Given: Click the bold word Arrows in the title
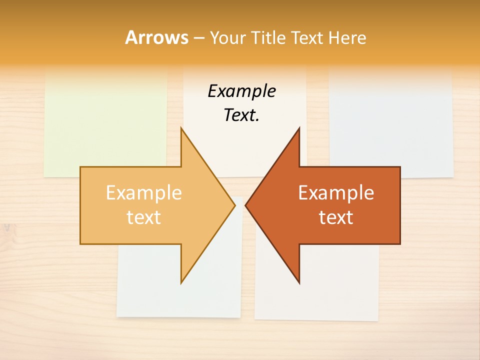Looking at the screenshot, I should pos(156,37).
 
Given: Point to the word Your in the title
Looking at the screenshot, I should pos(227,37).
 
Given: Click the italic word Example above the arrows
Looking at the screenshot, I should pos(241,91).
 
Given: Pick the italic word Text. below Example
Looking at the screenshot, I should pos(241,115).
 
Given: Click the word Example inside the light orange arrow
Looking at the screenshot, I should pos(144,193).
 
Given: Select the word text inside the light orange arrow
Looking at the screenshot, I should pos(144,217).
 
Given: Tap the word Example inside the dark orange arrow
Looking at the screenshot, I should pos(336,193).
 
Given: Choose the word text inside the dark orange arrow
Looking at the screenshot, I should pos(336,217).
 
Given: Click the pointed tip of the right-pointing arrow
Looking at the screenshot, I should pos(234,205).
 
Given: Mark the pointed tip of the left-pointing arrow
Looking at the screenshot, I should pos(246,205).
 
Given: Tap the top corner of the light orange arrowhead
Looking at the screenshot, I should pos(181,129).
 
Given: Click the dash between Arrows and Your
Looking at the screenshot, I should pos(198,38).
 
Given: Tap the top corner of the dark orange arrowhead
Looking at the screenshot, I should pos(299,129).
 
